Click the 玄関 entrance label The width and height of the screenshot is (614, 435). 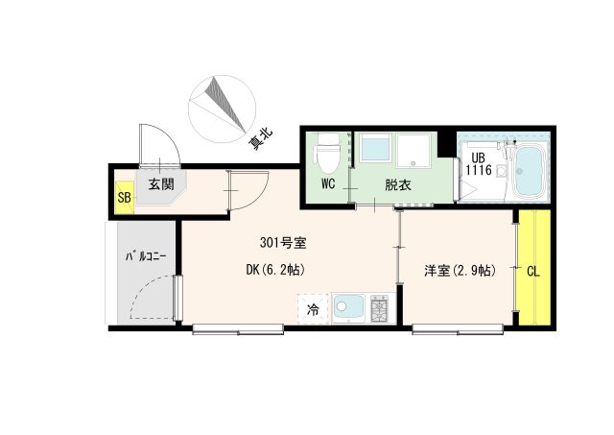pos(158,183)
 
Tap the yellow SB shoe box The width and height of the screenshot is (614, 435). pos(124,198)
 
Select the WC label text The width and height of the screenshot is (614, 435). pos(328,183)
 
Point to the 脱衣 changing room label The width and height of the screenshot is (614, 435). pos(398,183)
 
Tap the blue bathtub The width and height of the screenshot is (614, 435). pos(530,171)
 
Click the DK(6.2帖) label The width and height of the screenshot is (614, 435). pos(275,270)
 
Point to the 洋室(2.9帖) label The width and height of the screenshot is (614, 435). pos(460,270)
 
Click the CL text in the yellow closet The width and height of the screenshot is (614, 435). pos(532,271)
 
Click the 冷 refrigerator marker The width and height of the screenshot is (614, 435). pos(312,309)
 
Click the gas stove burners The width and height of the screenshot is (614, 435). pos(378,309)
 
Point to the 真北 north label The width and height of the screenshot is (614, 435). pos(260,141)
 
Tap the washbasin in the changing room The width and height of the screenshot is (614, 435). pos(374,149)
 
